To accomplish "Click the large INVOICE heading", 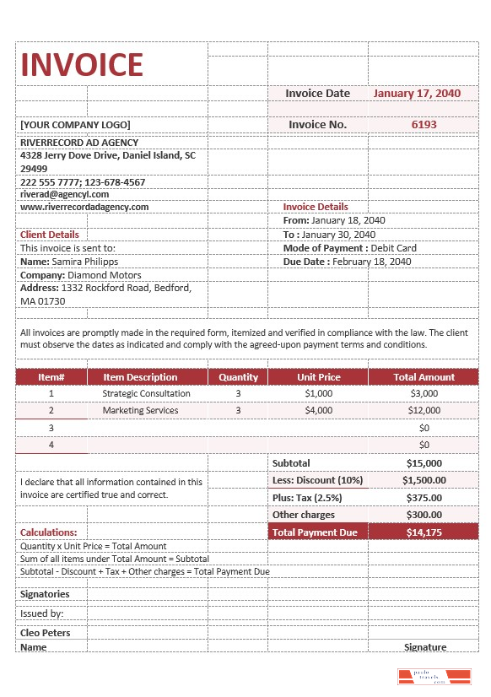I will [x=82, y=64].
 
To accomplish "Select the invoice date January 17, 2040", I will [x=417, y=94].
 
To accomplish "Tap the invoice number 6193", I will [x=424, y=124].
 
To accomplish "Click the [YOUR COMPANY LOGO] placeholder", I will [x=73, y=124].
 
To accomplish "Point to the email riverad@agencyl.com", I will [x=64, y=194].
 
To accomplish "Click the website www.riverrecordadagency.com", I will [x=84, y=207].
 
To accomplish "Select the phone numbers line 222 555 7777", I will [x=83, y=181].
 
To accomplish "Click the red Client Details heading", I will [x=50, y=235].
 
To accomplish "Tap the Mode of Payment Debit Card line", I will [x=349, y=248].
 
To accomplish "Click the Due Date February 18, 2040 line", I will [x=347, y=262].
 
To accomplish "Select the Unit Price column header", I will [x=318, y=377].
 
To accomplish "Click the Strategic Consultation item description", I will [x=146, y=393].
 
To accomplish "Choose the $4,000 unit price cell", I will [x=318, y=410].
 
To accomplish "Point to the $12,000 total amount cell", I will [x=424, y=410].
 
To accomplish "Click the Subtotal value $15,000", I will [x=424, y=463].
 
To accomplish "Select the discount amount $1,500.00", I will [x=424, y=480].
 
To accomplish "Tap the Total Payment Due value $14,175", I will [x=424, y=532].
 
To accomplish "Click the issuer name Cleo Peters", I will [x=46, y=633].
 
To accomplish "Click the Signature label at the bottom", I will [x=424, y=647].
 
